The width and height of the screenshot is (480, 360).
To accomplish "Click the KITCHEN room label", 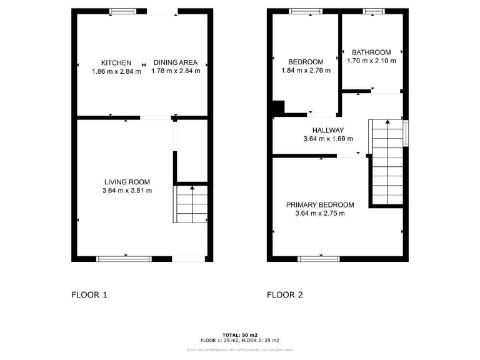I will coord(116,62).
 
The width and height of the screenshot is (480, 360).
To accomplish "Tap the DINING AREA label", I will coord(176,62).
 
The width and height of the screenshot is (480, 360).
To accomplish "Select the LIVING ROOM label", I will coord(127,182).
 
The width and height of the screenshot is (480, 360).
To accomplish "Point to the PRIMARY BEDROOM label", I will coord(320,204).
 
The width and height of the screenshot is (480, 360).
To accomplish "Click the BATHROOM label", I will coord(371,52).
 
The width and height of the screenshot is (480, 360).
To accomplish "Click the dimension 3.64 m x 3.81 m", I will coord(127,191).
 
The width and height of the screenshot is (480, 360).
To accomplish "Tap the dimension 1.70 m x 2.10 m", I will coord(371,61).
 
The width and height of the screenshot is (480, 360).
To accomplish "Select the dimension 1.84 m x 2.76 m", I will coord(306,71).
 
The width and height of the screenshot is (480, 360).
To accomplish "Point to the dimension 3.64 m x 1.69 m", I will coord(328,139).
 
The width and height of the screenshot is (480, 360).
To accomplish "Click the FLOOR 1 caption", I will coord(89,294).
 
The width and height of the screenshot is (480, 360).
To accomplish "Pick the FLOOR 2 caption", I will coord(285,294).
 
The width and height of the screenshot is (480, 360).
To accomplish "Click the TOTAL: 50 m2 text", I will coord(240,335).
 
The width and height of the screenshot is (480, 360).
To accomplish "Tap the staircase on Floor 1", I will coord(191,204).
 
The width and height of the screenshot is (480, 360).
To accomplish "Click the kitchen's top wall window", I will coord(123,11).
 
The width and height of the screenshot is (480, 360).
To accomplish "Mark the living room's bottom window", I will coord(124,258).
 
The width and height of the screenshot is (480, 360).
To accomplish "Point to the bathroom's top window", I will coord(374,11).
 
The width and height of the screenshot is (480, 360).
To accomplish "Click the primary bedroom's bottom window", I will coord(319,258).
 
